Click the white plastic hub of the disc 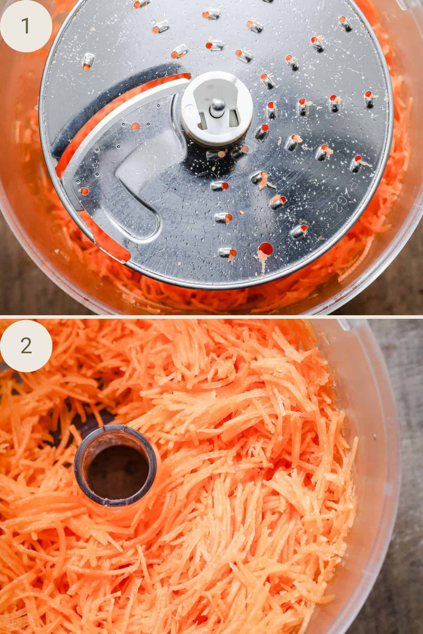point(215,112)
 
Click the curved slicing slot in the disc point(106,116)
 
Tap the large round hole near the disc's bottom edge point(265,249)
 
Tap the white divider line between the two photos point(211,316)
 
